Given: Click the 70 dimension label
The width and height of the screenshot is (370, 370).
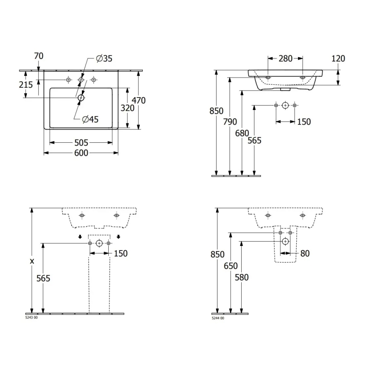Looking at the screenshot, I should point(38,56).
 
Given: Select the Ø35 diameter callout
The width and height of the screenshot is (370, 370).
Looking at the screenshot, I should point(104,59).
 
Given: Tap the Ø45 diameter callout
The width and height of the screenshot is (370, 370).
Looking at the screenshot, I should point(90,119).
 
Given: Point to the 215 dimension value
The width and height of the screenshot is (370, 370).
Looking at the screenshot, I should point(26,85).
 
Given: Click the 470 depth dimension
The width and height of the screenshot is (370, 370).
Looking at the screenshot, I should point(139,101).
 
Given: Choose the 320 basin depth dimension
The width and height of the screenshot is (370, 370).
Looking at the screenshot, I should point(127,108).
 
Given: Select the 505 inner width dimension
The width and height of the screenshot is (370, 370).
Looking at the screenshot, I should point(81,143).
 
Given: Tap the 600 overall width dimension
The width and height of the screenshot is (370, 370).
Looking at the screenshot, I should point(81,153).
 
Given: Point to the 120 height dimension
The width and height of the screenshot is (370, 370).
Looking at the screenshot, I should point(338,59).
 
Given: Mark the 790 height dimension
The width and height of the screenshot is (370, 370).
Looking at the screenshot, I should point(230,122).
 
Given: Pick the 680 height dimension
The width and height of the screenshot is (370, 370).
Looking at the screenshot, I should point(242,133).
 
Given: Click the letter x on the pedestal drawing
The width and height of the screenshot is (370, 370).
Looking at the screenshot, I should point(32,260).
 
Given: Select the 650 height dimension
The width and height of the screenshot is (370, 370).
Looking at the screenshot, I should point(231,266).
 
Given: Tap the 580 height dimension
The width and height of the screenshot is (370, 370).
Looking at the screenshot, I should point(242,277).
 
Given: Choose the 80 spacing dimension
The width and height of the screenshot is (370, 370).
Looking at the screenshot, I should point(304,254).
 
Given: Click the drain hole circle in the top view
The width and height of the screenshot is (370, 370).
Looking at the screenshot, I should point(81,98).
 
